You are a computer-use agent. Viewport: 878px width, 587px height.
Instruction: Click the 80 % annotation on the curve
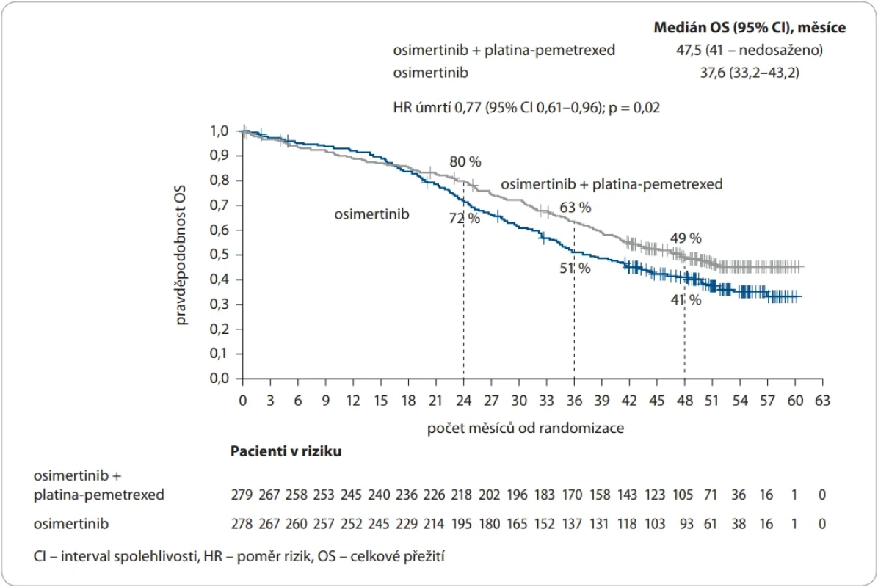tap(465, 161)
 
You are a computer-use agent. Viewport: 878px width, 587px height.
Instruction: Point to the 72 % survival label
tap(464, 218)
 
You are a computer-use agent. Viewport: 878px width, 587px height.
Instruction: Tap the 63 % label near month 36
tap(575, 208)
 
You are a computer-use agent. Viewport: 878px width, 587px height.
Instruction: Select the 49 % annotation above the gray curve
tap(686, 238)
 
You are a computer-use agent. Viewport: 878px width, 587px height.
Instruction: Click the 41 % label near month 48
tap(686, 300)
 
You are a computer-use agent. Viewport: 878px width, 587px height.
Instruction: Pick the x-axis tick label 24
tap(464, 401)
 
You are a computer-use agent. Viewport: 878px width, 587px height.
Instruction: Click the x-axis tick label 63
tap(822, 401)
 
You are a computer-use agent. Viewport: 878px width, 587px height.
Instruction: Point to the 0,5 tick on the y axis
tap(219, 255)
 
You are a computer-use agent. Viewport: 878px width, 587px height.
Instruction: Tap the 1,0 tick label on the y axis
tap(219, 131)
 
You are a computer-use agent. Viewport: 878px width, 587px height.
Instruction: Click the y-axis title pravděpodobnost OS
tap(181, 255)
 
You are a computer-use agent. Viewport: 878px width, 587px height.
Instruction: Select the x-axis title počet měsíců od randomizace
tap(525, 428)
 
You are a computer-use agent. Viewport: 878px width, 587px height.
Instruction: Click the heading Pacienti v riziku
tap(286, 451)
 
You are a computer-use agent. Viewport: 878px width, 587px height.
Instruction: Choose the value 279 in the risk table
tap(242, 495)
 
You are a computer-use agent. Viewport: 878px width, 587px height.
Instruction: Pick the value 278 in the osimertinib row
tap(242, 525)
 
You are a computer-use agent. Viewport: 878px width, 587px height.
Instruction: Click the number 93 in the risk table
tap(686, 525)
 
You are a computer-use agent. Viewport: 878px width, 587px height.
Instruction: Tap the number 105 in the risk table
tap(683, 495)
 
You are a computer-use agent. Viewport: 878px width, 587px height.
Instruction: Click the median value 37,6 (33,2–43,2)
tap(750, 73)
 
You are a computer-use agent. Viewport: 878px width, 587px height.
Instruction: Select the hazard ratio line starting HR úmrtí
tap(526, 107)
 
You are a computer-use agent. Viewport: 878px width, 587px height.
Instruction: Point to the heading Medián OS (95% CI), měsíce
tap(750, 27)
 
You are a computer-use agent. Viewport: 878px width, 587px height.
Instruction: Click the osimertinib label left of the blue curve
tap(371, 214)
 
